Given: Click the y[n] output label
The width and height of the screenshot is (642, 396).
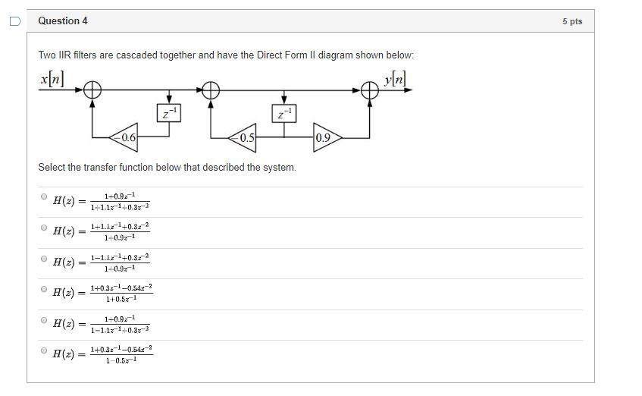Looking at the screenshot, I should point(395,77).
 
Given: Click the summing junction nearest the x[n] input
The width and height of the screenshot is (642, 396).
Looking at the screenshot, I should point(92,90).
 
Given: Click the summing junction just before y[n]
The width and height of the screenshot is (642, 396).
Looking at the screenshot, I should point(370,90).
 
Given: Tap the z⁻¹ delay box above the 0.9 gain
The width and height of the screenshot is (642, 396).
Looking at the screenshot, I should point(284,114).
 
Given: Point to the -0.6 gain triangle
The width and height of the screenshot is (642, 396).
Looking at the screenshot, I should point(125,137).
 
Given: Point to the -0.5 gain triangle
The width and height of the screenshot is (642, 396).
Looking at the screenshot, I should point(243,138).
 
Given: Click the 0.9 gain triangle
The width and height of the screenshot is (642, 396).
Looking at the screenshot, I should point(326,138).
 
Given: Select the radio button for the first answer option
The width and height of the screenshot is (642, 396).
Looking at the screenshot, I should point(44,196).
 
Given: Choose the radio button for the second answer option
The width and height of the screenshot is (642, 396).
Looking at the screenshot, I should point(44,228).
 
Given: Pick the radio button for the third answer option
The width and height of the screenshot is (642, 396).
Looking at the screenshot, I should point(44,259).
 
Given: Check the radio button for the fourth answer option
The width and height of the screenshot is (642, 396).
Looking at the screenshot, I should point(44,289).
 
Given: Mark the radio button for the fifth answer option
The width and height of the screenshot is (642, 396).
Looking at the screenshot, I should point(44,320).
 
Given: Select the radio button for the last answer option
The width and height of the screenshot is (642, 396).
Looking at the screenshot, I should point(44,350).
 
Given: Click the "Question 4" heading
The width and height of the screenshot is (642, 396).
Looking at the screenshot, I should point(62,21).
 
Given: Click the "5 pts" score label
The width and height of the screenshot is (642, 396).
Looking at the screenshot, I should point(572,21).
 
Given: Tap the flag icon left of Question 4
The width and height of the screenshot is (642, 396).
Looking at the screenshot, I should point(14,22).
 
